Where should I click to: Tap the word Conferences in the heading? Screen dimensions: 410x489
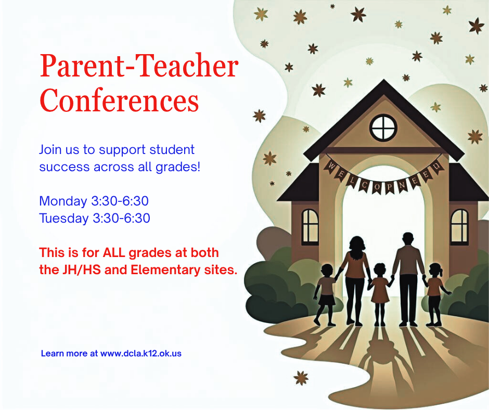click(x=120, y=100)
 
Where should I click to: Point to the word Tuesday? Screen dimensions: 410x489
click(x=63, y=218)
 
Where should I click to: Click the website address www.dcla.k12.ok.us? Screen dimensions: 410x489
click(x=141, y=353)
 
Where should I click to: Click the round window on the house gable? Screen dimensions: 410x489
click(x=383, y=126)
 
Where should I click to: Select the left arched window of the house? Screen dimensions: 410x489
click(x=310, y=227)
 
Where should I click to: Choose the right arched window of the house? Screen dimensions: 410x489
click(x=459, y=227)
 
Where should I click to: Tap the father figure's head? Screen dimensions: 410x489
click(x=408, y=239)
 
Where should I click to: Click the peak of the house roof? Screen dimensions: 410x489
click(x=383, y=82)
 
